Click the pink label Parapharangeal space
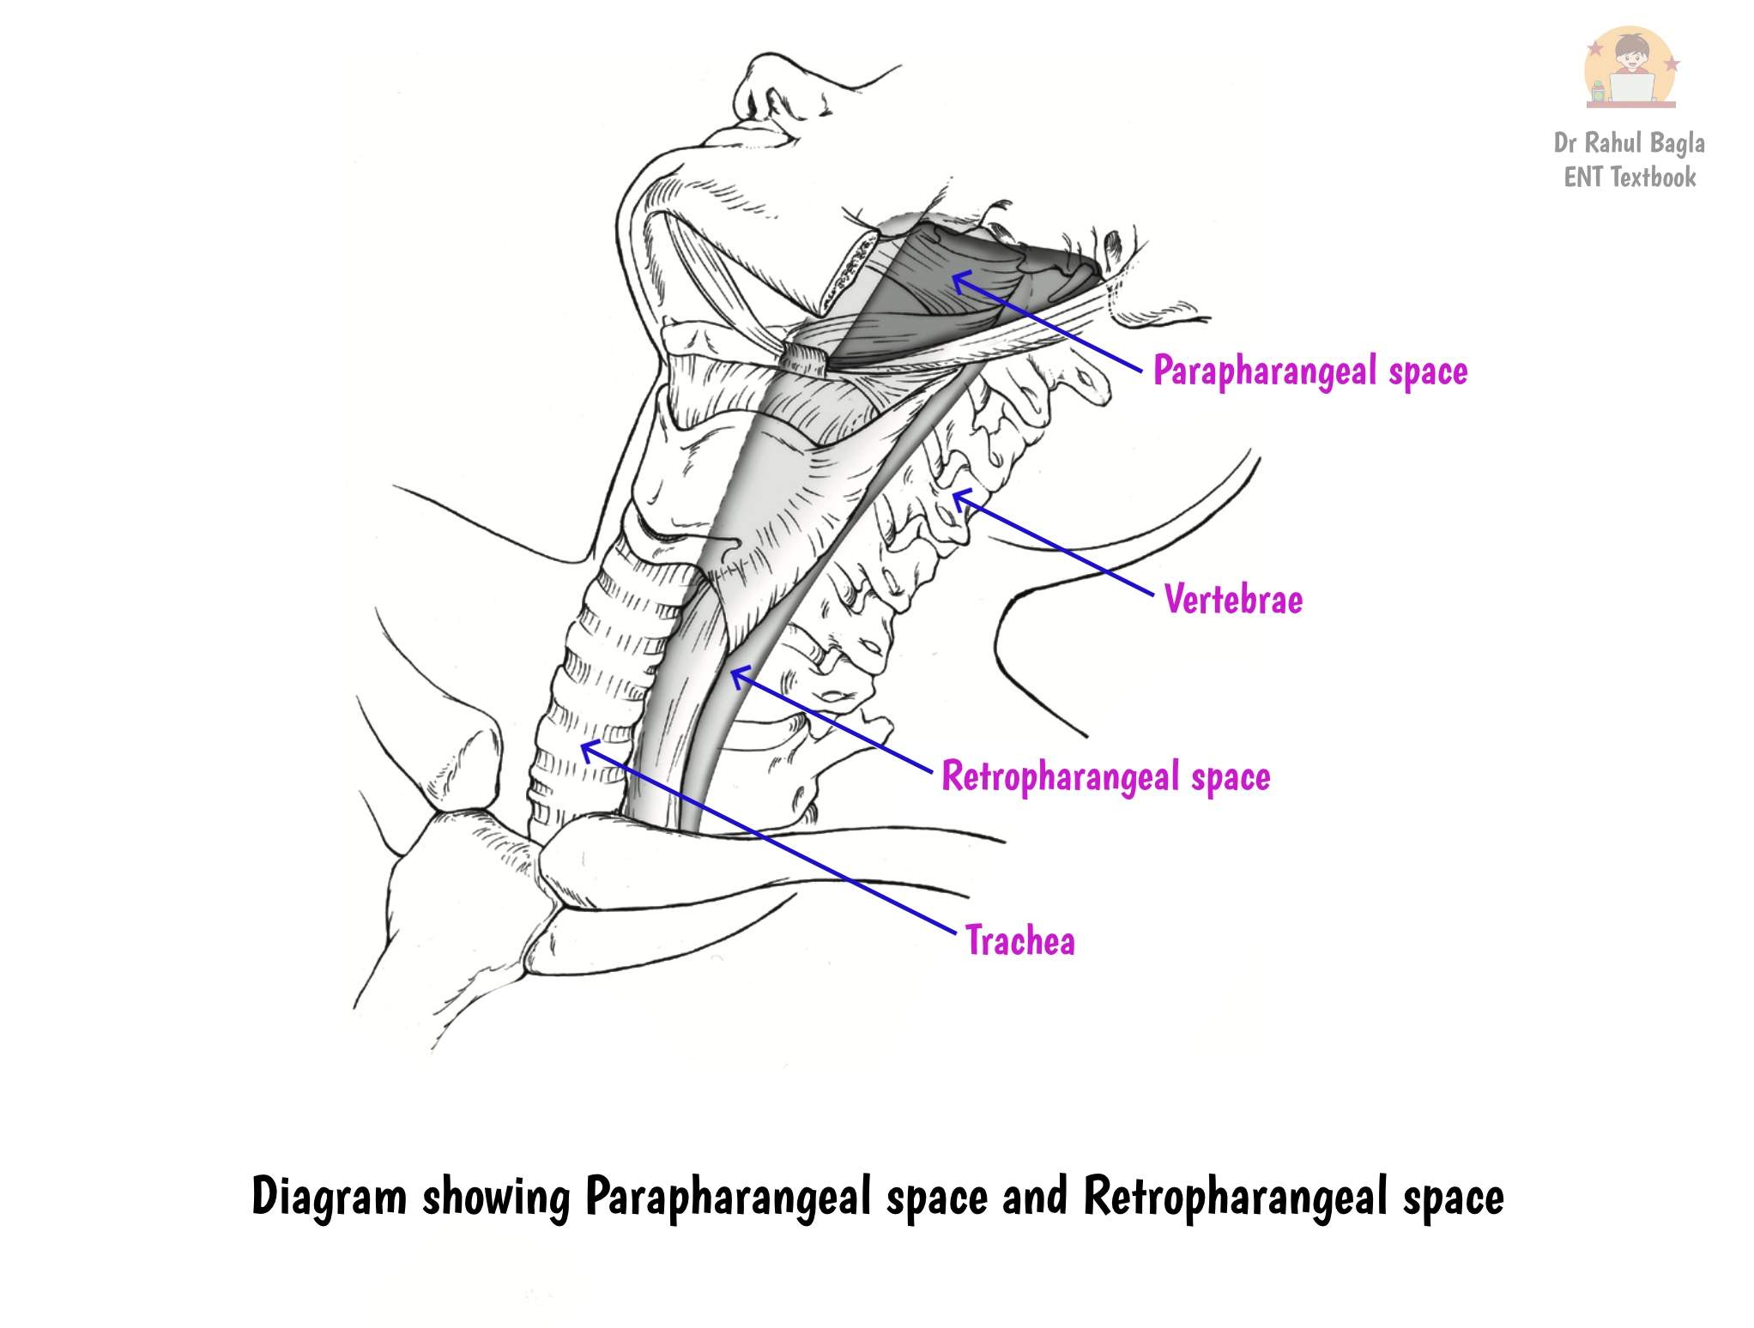pos(1310,371)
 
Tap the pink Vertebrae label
pos(1233,599)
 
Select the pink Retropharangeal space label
pos(1106,777)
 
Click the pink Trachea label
pos(1020,940)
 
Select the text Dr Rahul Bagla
pos(1630,143)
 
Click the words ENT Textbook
pos(1630,178)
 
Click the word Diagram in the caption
pos(330,1197)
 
